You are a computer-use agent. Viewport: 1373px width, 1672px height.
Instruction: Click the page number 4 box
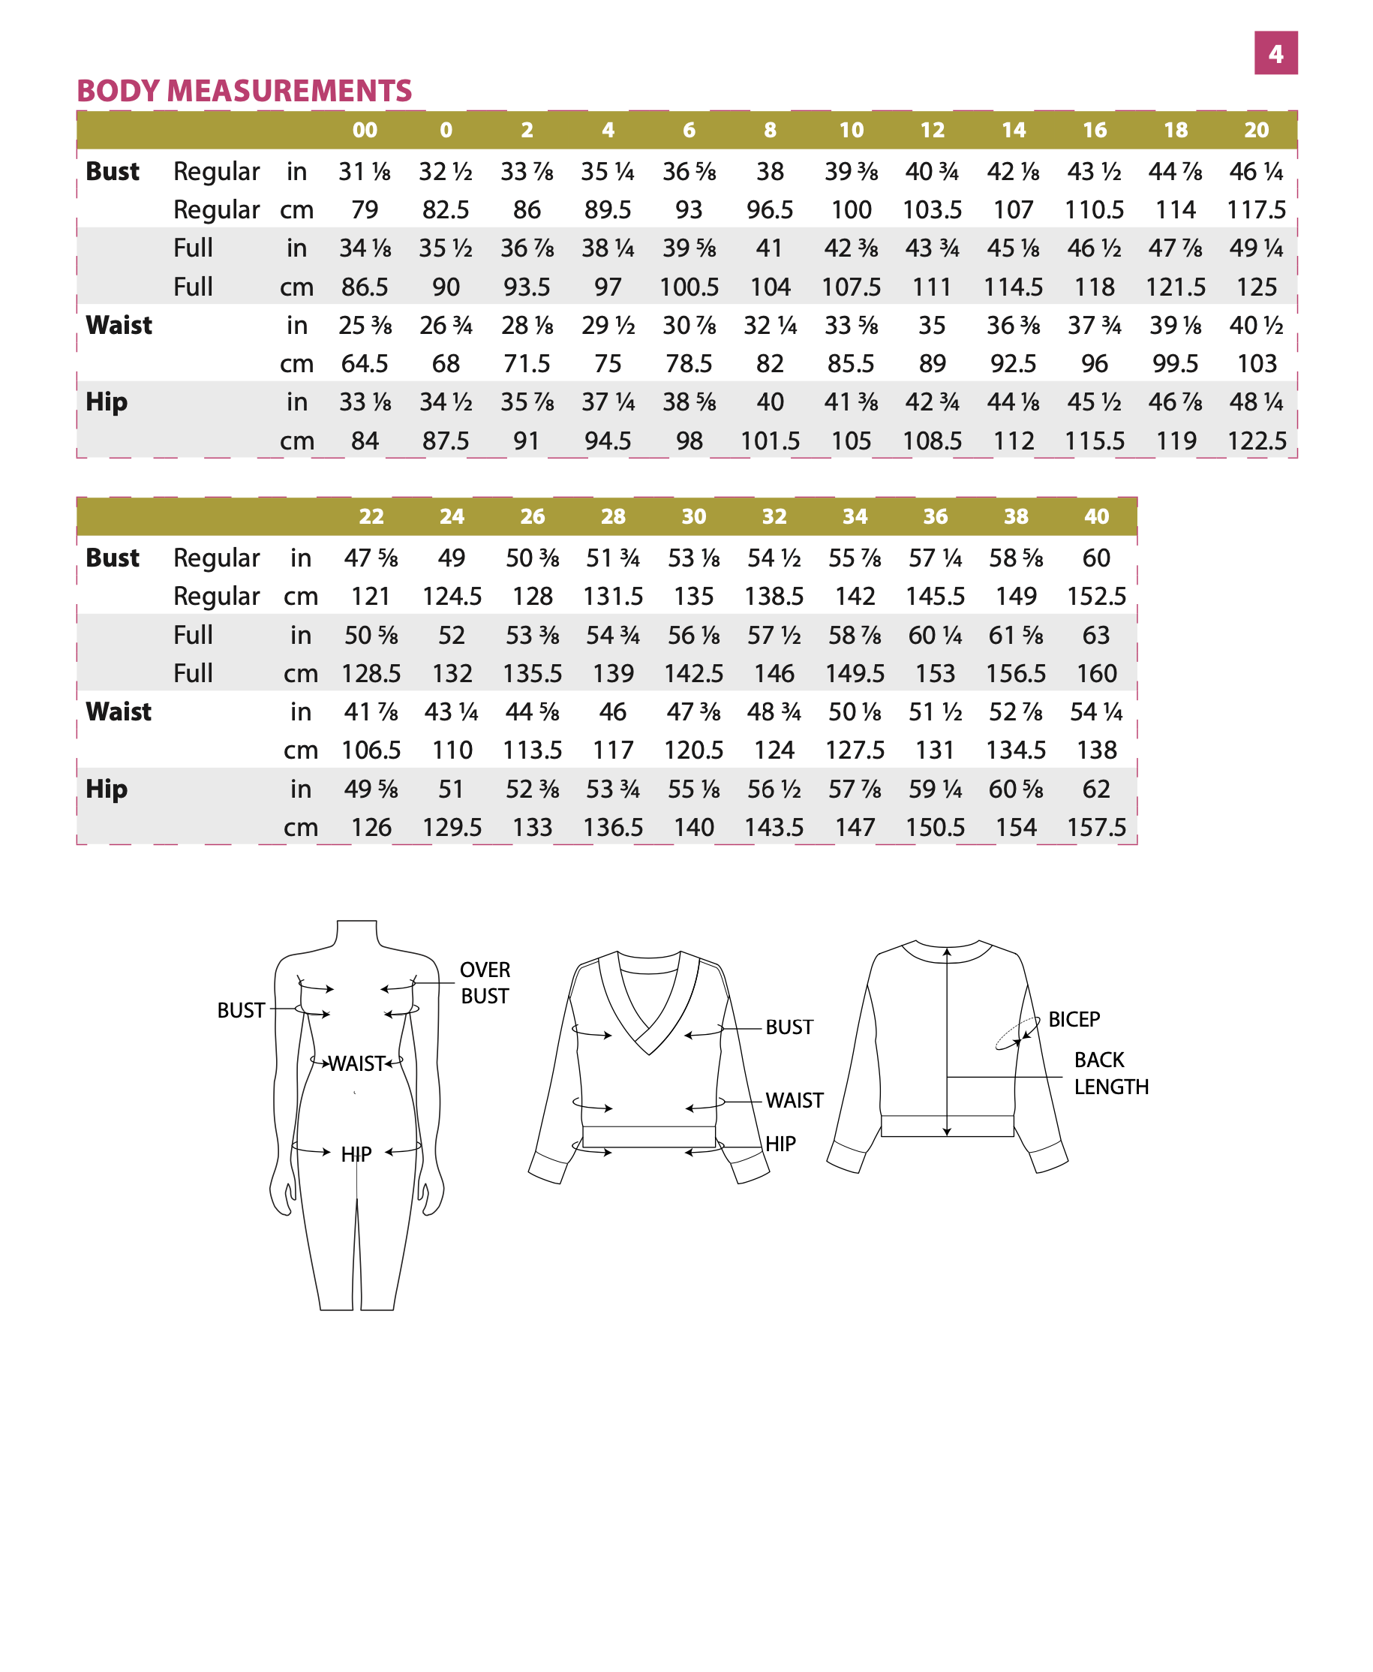tap(1275, 53)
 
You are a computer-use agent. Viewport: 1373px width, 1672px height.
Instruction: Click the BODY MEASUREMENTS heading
tap(244, 91)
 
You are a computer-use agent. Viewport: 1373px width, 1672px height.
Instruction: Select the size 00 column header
tap(365, 130)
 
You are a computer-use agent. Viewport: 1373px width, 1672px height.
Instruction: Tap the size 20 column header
tap(1256, 130)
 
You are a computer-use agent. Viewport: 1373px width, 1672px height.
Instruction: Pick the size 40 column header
tap(1096, 516)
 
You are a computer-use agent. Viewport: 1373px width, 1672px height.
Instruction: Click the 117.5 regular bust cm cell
tap(1256, 209)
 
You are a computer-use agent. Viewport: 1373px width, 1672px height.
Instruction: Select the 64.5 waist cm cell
tap(365, 364)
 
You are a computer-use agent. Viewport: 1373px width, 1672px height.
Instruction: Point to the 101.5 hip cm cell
tap(770, 441)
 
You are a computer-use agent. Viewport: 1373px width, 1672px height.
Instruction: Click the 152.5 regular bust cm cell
tap(1096, 597)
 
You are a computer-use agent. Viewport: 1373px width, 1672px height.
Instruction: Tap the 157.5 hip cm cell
tap(1096, 827)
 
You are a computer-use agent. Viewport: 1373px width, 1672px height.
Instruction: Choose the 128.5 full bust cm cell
tap(371, 674)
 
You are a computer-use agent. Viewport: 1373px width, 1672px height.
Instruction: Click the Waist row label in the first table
tap(119, 325)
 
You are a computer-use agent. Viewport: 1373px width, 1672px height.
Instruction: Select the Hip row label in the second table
tap(106, 789)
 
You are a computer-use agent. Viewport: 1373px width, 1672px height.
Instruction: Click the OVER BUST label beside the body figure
tap(485, 982)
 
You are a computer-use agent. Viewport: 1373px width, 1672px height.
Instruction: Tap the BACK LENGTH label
tap(1110, 1073)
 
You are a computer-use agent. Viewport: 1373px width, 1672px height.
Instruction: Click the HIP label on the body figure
tap(356, 1155)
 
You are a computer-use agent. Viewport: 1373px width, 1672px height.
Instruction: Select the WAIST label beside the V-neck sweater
tap(794, 1101)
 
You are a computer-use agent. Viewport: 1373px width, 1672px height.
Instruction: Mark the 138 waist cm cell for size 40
tap(1096, 750)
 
